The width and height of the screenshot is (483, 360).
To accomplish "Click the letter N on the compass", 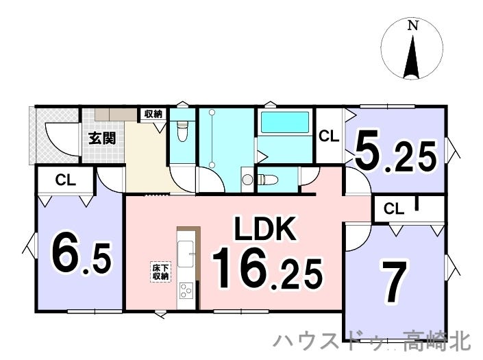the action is (412, 25).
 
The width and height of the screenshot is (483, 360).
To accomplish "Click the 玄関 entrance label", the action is (102, 138).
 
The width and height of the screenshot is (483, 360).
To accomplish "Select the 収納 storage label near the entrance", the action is (153, 115).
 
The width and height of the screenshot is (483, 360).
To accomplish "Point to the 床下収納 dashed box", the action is (160, 272).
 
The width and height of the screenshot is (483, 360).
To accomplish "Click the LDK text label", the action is (266, 228).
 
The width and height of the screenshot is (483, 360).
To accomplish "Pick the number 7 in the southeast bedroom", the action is (395, 282).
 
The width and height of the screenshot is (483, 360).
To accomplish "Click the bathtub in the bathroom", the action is (285, 123).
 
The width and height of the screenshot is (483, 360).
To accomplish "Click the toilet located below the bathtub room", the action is (267, 180).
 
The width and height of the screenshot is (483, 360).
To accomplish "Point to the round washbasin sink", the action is (247, 179).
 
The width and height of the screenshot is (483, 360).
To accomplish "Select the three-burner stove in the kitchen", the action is (186, 291).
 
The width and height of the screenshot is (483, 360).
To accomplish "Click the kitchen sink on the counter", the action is (186, 254).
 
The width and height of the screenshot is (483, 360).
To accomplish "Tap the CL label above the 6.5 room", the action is (66, 180).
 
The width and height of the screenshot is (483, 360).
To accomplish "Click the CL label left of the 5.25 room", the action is (329, 136).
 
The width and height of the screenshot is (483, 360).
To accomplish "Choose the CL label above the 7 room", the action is (394, 209).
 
